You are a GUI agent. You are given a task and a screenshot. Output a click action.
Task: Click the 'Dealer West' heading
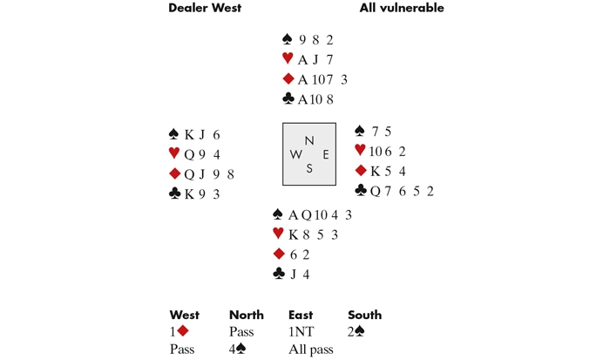[x=205, y=9]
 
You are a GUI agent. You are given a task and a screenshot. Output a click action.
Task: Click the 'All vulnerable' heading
[x=402, y=9]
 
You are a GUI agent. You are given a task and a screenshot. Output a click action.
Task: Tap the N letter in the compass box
[x=308, y=141]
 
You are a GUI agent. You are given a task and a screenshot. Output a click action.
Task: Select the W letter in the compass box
[x=296, y=154]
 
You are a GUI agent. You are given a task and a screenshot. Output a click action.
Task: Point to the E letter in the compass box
[x=325, y=154]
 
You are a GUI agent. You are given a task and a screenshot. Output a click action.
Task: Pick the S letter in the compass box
[x=308, y=168]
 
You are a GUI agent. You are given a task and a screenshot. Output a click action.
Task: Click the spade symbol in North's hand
[x=288, y=39]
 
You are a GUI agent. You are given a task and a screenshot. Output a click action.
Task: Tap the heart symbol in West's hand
[x=174, y=154]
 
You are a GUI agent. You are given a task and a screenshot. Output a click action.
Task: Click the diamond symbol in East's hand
[x=361, y=171]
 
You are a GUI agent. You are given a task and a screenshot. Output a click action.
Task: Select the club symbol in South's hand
[x=279, y=274]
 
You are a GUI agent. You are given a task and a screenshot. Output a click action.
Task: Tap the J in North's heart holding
[x=315, y=59]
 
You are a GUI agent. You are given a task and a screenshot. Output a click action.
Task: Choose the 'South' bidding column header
[x=364, y=315]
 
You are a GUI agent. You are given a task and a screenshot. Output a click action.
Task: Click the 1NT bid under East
[x=301, y=332]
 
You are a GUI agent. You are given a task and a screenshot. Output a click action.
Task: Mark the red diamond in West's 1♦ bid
[x=184, y=332]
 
